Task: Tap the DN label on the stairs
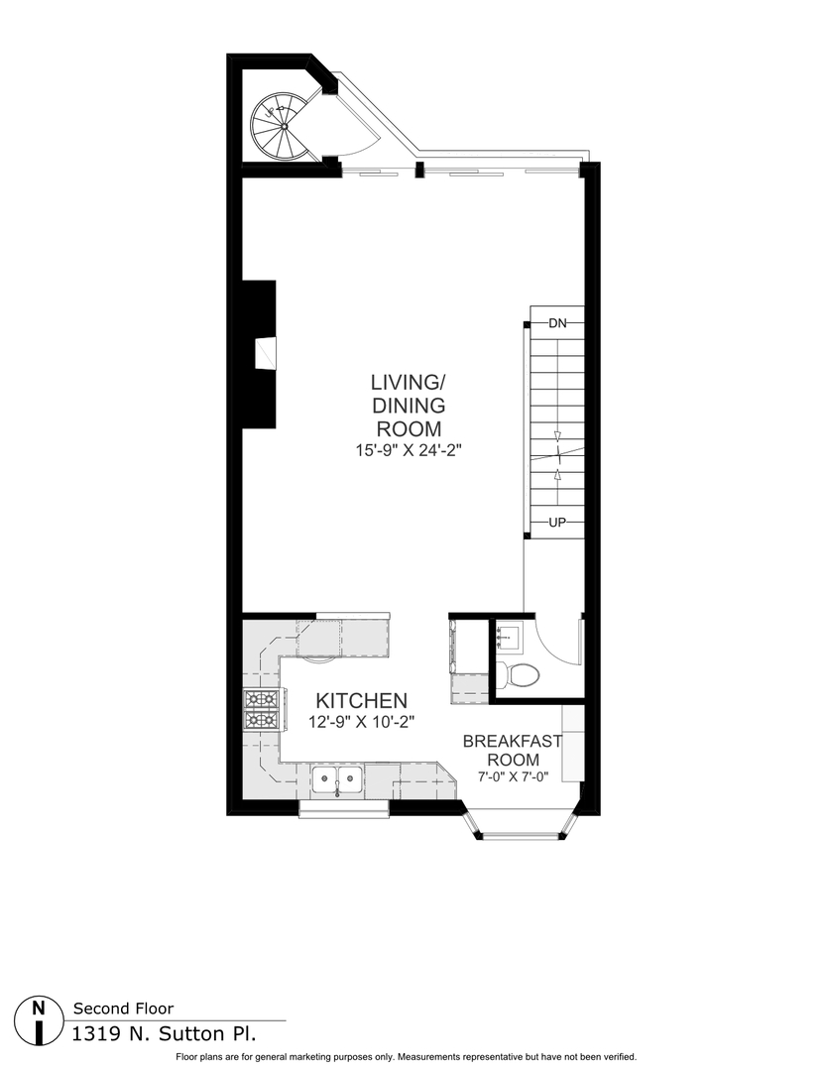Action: tap(557, 322)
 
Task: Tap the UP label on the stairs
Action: tap(557, 522)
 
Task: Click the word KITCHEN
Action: tap(361, 700)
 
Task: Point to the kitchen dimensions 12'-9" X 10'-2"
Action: tap(361, 723)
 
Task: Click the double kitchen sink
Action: tap(337, 778)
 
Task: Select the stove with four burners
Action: tap(261, 710)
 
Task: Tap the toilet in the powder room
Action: tap(520, 674)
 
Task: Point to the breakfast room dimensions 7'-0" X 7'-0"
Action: tap(513, 777)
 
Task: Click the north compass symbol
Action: tap(39, 1018)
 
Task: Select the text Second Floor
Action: tap(123, 1009)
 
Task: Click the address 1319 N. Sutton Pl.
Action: tap(164, 1033)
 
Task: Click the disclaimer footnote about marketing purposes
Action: tap(406, 1057)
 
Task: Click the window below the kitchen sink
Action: tap(343, 810)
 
